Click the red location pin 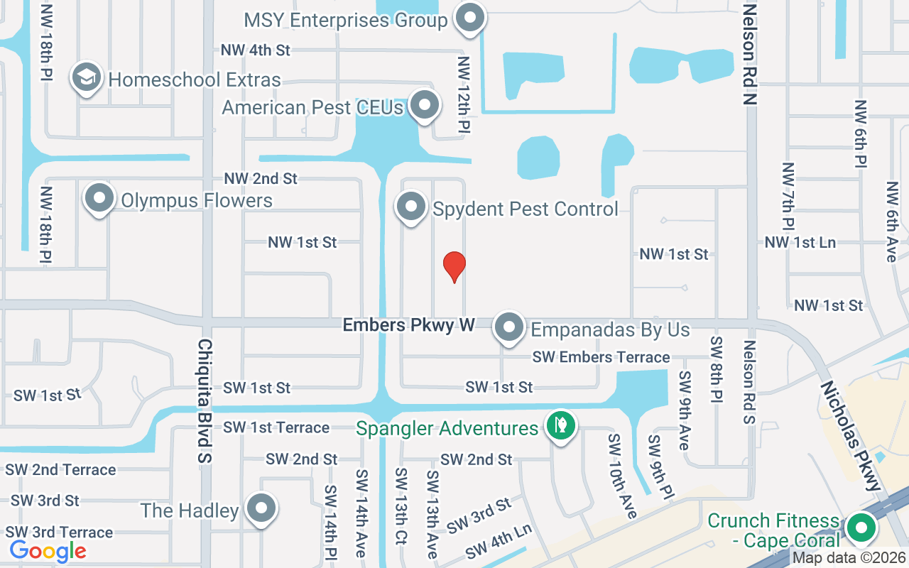[x=454, y=266]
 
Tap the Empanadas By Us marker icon [x=509, y=327]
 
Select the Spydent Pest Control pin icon [x=410, y=207]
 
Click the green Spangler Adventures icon [x=561, y=425]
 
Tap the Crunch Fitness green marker [x=862, y=528]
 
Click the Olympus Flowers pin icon [x=99, y=198]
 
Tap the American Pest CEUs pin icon [x=425, y=105]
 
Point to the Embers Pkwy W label [x=408, y=325]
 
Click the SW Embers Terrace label [x=601, y=357]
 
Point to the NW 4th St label [x=256, y=50]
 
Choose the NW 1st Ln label [x=800, y=242]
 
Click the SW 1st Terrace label [x=276, y=427]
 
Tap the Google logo [x=48, y=550]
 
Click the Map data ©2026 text [x=849, y=558]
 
